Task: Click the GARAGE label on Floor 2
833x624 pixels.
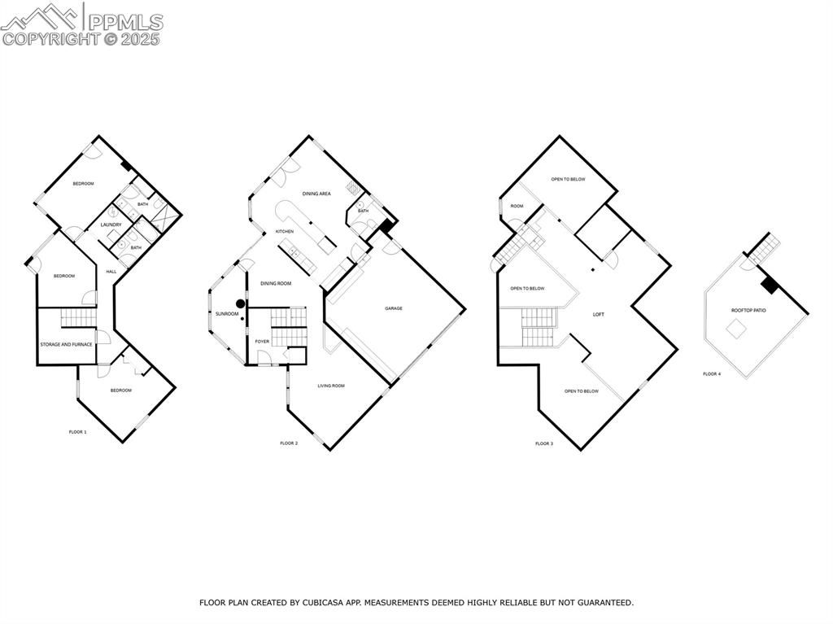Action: [x=394, y=308]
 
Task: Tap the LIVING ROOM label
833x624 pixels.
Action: [x=331, y=386]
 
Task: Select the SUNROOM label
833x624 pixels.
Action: [x=227, y=314]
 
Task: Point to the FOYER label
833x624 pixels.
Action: [x=262, y=341]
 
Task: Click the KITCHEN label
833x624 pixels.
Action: [x=284, y=232]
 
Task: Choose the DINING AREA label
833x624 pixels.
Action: [x=316, y=194]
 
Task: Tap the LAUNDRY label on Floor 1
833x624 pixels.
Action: [x=111, y=225]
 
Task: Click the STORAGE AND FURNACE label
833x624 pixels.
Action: [x=67, y=344]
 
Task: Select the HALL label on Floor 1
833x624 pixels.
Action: [x=111, y=272]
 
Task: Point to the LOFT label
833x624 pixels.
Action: [x=598, y=315]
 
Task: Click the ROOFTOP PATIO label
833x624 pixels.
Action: [x=748, y=311]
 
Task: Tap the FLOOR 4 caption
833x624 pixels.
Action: [x=712, y=374]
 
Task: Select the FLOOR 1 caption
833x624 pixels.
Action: [x=77, y=432]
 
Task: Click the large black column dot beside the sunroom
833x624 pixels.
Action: [x=241, y=303]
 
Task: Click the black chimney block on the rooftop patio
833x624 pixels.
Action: [x=769, y=285]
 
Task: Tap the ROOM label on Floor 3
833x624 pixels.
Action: [x=517, y=206]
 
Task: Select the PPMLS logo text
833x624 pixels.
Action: [x=125, y=22]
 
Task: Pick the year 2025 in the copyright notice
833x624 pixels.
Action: [x=140, y=39]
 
